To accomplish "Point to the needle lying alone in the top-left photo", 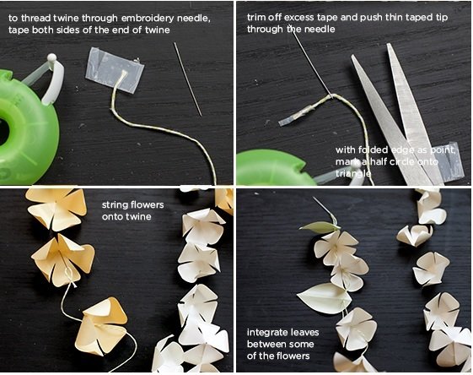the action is click(x=188, y=79).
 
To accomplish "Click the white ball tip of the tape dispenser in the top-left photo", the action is click(x=52, y=57).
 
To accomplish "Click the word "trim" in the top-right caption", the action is click(x=256, y=17).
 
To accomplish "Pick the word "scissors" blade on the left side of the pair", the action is click(x=390, y=119).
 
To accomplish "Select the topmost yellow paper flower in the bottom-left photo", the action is click(x=56, y=208).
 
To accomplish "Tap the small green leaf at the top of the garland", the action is click(x=320, y=227).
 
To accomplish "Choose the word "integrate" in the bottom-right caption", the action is click(x=266, y=333).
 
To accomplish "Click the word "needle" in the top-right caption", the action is click(x=320, y=30).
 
